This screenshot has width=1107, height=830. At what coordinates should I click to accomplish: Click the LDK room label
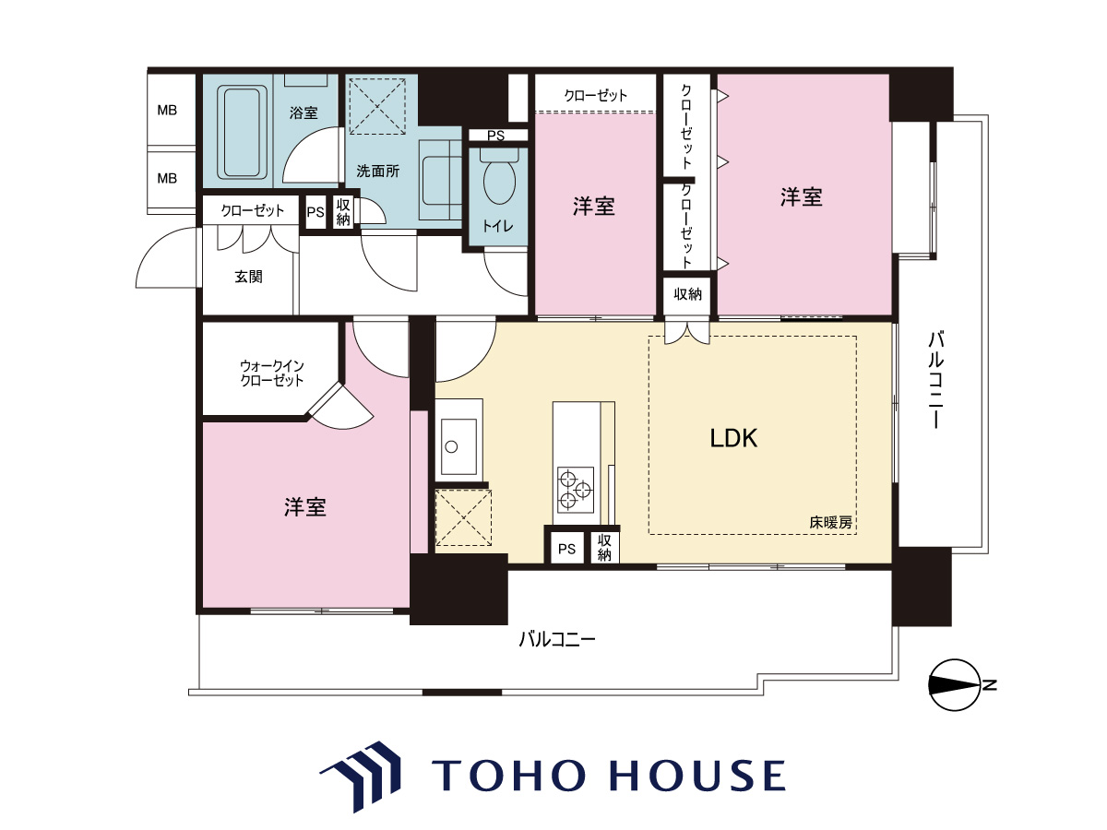[x=733, y=438]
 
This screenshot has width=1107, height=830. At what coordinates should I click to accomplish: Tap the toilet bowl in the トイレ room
[x=499, y=180]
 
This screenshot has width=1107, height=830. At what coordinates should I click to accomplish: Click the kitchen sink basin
[x=458, y=446]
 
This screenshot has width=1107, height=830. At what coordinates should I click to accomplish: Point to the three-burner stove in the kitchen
[x=575, y=490]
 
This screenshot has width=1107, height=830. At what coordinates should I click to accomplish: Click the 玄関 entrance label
[x=248, y=276]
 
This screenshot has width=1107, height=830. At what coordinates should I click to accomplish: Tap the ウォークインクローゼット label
[x=272, y=373]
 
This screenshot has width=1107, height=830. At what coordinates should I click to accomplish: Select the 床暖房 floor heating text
[x=830, y=523]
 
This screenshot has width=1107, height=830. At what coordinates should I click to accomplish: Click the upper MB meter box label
[x=167, y=110]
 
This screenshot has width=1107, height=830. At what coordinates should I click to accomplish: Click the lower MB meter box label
[x=167, y=178]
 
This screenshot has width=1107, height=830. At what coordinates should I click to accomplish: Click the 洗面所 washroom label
[x=377, y=172]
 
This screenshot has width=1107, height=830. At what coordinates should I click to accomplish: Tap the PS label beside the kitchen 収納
[x=566, y=549]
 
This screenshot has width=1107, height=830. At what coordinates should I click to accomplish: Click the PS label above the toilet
[x=495, y=136]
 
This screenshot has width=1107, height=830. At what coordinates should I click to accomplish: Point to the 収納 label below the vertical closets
[x=687, y=294]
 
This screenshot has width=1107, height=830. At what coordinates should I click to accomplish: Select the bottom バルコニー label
[x=557, y=640]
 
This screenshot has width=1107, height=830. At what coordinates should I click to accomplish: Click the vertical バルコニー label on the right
[x=936, y=380]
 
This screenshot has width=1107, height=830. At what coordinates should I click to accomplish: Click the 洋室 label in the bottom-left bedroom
[x=305, y=507]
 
